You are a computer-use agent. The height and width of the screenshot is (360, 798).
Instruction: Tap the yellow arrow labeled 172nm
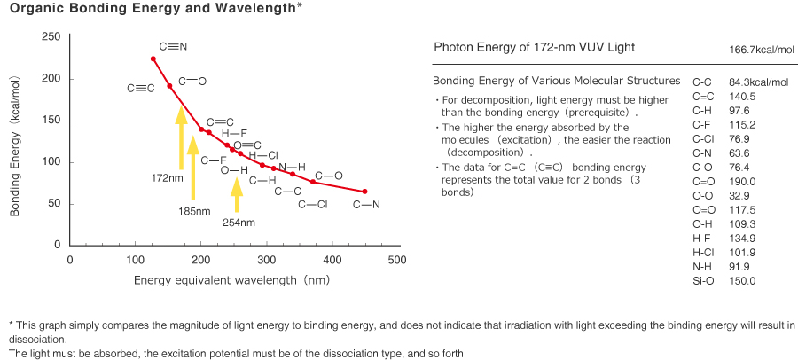(x=181, y=137)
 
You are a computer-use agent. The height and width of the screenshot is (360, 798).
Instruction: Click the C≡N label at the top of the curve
(x=173, y=46)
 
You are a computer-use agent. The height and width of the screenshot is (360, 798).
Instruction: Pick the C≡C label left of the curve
(x=141, y=88)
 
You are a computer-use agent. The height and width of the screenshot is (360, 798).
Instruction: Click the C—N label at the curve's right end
(x=366, y=205)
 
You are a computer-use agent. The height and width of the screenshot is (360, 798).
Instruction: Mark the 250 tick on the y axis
(x=51, y=36)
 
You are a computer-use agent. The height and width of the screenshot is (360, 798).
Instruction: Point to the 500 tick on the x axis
(x=397, y=260)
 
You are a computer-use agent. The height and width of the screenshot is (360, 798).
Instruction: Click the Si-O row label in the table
(x=704, y=281)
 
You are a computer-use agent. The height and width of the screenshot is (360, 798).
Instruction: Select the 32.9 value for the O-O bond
(x=739, y=196)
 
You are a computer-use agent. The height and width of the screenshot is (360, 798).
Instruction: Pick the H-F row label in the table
(x=702, y=239)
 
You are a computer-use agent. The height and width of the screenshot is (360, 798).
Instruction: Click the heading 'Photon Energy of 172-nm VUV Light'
(x=534, y=47)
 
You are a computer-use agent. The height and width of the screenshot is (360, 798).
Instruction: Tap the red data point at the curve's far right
(x=364, y=192)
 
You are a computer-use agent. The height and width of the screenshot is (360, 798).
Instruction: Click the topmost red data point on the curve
(x=153, y=59)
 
